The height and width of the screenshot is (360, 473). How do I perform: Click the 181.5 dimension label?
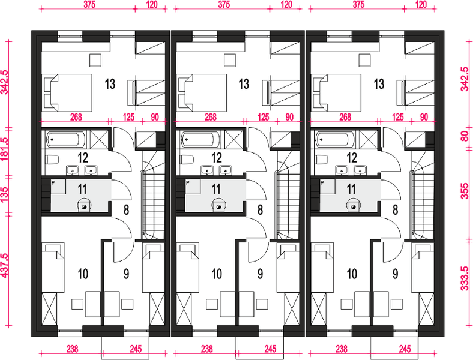pos(5,149)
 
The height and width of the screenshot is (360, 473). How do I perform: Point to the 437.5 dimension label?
pos(5,265)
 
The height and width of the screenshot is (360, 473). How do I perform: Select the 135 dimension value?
pos(5,195)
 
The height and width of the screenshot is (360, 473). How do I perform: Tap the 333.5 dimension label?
pos(465,278)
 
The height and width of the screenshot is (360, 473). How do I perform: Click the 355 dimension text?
pos(465,191)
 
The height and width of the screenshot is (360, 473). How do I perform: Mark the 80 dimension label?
pos(465,136)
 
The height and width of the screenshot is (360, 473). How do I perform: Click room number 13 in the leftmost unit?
pos(110,84)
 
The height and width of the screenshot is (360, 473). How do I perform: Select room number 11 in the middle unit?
pos(216,190)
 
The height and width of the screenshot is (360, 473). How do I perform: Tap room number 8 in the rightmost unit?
pos(395,210)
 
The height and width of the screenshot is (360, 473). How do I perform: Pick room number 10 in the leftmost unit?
pos(83,274)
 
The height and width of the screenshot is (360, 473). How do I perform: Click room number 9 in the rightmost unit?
pos(395,274)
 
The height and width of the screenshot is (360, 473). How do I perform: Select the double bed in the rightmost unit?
pos(336,92)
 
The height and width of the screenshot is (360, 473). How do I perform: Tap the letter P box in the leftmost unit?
pos(58,187)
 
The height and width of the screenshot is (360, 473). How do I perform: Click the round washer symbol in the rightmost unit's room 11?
pos(353,206)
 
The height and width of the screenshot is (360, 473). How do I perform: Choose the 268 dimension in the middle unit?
pos(211,117)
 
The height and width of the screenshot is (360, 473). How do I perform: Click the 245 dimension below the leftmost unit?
pos(136,349)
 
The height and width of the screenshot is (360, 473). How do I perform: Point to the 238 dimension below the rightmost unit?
pos(341,349)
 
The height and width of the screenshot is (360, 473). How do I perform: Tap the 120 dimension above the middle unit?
pos(286,4)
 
